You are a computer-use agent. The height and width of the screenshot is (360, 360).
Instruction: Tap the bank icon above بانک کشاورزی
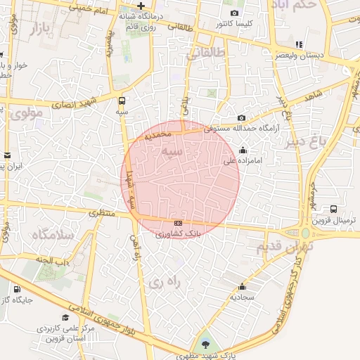coord(177,223)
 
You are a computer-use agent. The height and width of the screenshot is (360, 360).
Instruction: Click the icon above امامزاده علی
coord(243,150)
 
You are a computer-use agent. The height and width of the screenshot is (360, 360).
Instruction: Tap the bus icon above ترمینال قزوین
coord(333,209)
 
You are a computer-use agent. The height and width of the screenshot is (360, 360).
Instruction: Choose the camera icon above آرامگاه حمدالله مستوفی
coord(241,118)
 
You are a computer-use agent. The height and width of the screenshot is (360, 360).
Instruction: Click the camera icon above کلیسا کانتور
coord(234,13)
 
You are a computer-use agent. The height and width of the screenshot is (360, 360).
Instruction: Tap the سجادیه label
coord(243,297)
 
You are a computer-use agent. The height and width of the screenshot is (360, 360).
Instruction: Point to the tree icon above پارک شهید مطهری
coord(205,344)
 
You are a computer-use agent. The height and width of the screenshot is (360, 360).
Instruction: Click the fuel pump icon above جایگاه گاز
coord(16,289)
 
